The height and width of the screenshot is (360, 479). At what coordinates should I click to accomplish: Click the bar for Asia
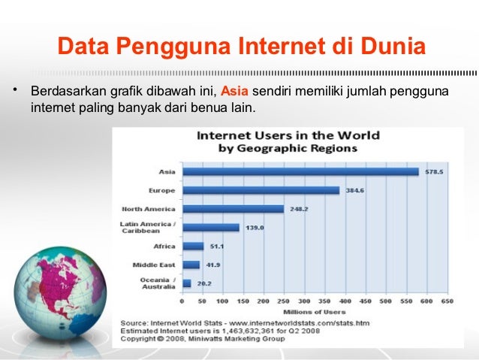(x=300, y=171)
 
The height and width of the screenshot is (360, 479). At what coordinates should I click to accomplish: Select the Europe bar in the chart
(x=261, y=190)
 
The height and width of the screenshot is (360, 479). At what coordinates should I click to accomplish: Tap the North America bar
(x=233, y=209)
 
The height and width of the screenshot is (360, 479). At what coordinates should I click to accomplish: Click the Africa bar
(x=193, y=246)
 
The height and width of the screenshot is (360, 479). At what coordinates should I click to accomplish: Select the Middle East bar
(x=191, y=265)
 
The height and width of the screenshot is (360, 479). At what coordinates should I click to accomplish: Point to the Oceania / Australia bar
(x=187, y=283)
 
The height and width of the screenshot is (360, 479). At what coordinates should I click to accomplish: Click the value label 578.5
(x=434, y=171)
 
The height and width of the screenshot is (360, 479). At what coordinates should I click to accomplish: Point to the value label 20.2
(x=204, y=283)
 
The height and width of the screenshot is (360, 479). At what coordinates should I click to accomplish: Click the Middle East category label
(x=154, y=265)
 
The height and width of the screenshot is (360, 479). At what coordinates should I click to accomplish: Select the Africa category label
(x=164, y=246)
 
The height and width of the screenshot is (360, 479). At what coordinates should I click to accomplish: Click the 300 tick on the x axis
(x=303, y=300)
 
